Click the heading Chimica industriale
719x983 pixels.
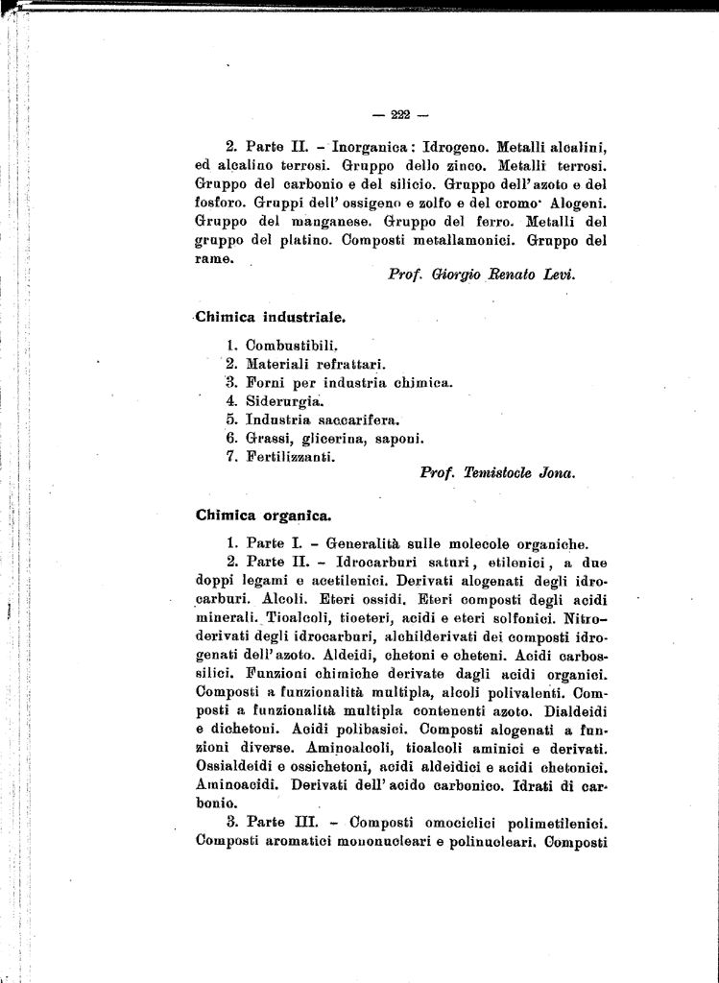tap(270, 315)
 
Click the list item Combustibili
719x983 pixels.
tap(292, 345)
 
